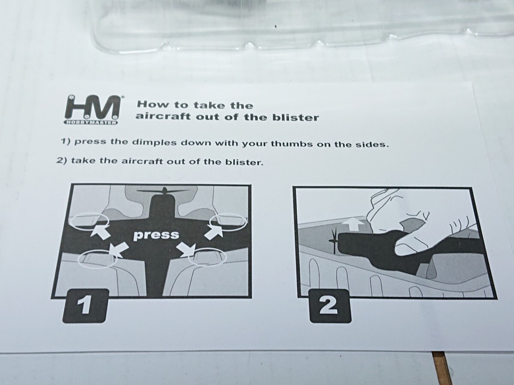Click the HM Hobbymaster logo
[x=92, y=110]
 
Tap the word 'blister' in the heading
[x=295, y=118]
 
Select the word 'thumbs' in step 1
[x=292, y=144]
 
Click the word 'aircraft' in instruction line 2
[x=142, y=161]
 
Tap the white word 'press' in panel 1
[x=156, y=235]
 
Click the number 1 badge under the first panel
[x=86, y=306]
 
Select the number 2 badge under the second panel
[x=330, y=306]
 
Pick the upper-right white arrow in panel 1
[x=214, y=232]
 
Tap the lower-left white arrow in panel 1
[x=119, y=250]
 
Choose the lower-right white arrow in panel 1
[x=189, y=249]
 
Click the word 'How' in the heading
[x=152, y=104]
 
